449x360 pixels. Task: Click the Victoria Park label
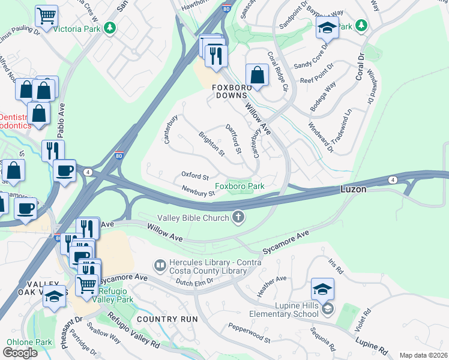(77, 28)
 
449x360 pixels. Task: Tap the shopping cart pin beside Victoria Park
(46, 16)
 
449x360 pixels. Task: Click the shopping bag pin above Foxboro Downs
(257, 76)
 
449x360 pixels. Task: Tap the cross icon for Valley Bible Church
(239, 217)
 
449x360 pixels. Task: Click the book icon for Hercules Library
(160, 265)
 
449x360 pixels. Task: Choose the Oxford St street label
(194, 176)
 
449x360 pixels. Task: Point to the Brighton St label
(211, 144)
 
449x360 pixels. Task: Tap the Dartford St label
(233, 138)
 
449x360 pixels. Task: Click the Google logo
(20, 353)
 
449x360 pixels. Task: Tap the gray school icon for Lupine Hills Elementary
(327, 310)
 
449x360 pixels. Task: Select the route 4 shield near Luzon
(393, 179)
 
